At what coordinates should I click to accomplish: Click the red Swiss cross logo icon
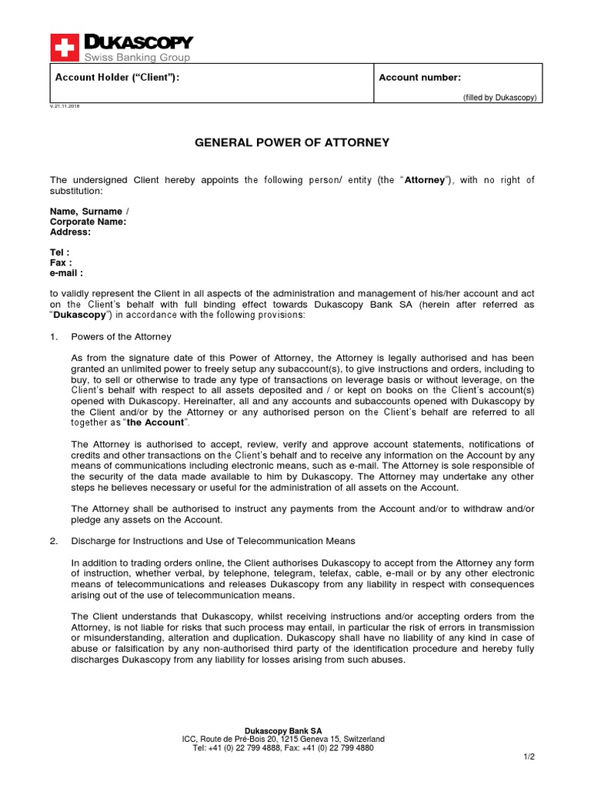(x=64, y=47)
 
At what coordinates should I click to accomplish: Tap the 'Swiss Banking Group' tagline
(x=136, y=57)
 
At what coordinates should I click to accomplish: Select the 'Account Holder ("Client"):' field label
(x=118, y=78)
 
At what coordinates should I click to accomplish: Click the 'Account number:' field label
(x=419, y=78)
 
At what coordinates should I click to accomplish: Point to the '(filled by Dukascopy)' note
(x=499, y=98)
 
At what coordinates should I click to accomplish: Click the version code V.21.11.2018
(x=65, y=106)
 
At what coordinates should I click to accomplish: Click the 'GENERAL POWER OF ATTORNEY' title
(x=292, y=142)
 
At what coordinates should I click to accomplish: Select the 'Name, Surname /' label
(x=89, y=212)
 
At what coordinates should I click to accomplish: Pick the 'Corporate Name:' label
(x=88, y=222)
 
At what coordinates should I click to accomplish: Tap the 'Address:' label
(x=70, y=232)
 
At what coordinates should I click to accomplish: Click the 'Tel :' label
(x=60, y=252)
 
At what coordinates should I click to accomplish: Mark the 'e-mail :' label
(x=66, y=272)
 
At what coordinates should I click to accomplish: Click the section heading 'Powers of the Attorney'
(x=121, y=337)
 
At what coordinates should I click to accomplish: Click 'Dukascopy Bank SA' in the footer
(x=282, y=730)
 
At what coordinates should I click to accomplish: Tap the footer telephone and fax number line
(x=282, y=747)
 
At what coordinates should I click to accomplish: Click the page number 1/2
(x=529, y=757)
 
